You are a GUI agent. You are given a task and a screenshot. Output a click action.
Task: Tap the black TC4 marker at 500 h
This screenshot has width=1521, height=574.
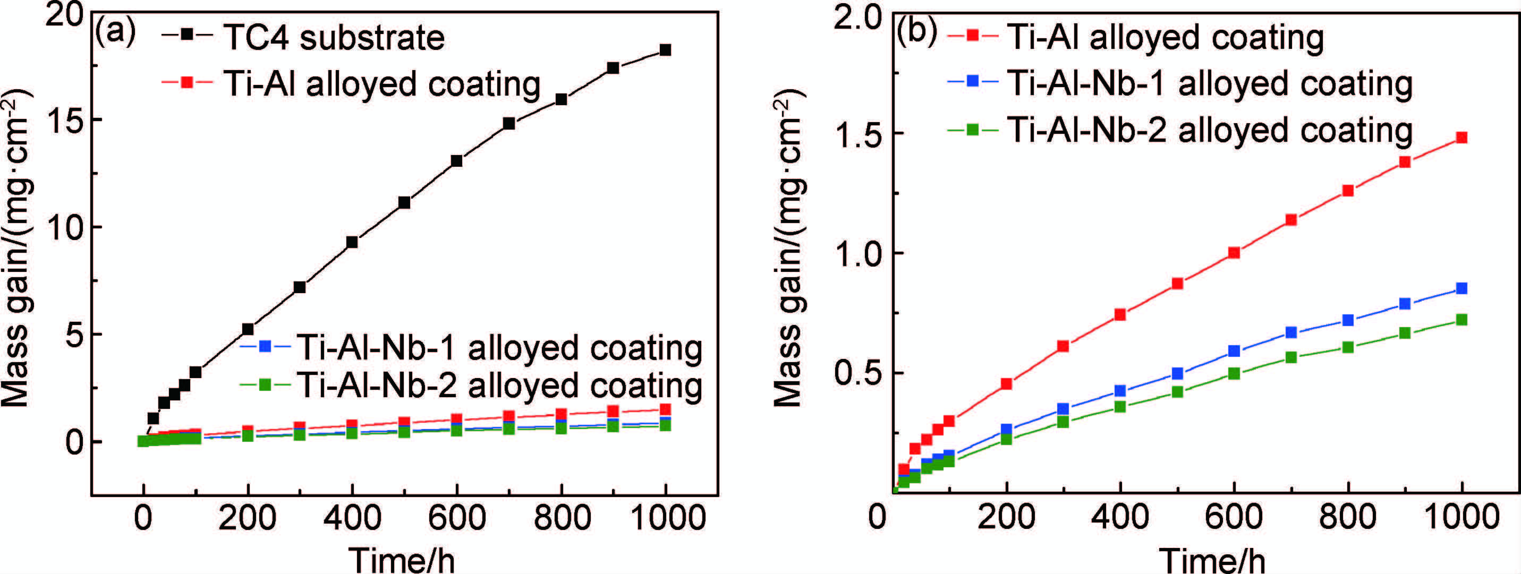404,203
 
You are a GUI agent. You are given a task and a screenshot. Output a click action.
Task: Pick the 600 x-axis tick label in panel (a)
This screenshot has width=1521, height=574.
456,518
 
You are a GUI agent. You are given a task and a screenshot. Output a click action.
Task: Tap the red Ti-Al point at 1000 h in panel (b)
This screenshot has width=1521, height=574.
1462,138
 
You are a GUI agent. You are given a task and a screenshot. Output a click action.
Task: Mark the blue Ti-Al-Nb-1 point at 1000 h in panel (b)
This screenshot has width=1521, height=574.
1462,288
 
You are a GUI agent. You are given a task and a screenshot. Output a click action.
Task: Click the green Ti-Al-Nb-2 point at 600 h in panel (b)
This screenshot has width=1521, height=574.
1234,373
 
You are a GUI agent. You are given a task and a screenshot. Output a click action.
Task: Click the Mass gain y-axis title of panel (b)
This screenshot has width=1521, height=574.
788,248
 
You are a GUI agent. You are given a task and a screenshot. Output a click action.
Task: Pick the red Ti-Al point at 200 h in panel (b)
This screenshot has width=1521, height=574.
1006,384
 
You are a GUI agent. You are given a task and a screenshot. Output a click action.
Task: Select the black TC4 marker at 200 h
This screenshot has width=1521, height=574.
248,329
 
